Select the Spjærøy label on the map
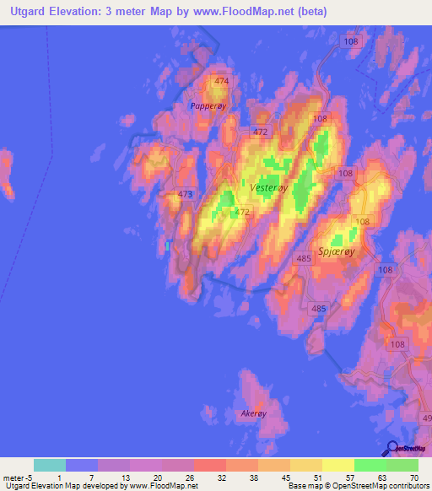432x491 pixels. [x=337, y=251]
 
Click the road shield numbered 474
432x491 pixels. [x=221, y=81]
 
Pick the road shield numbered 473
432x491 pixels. [x=186, y=194]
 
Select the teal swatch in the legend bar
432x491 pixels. [x=49, y=465]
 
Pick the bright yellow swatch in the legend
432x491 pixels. [x=337, y=465]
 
